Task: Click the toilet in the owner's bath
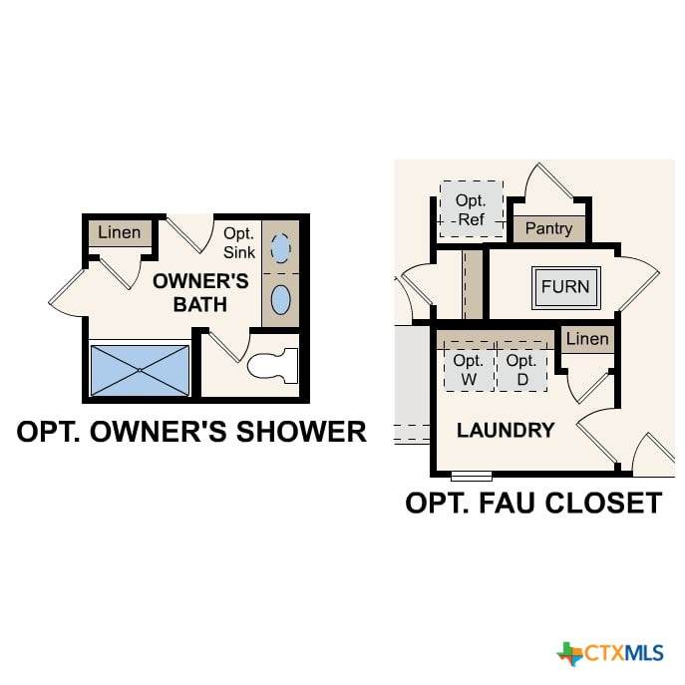pyautogui.click(x=272, y=365)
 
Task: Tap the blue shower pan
pyautogui.click(x=140, y=371)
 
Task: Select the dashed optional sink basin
pyautogui.click(x=280, y=248)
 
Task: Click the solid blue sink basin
pyautogui.click(x=280, y=300)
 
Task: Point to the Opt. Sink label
pyautogui.click(x=239, y=242)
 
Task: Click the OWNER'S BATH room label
pyautogui.click(x=200, y=293)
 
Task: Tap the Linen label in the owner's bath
pyautogui.click(x=120, y=232)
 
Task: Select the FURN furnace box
pyautogui.click(x=566, y=287)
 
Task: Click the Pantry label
pyautogui.click(x=548, y=228)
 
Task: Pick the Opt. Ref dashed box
pyautogui.click(x=472, y=209)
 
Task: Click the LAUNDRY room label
pyautogui.click(x=506, y=431)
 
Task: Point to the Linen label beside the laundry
pyautogui.click(x=587, y=339)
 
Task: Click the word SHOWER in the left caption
pyautogui.click(x=301, y=431)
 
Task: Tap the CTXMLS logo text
pyautogui.click(x=624, y=653)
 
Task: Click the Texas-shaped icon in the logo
pyautogui.click(x=569, y=653)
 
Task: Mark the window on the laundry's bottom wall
pyautogui.click(x=472, y=477)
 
